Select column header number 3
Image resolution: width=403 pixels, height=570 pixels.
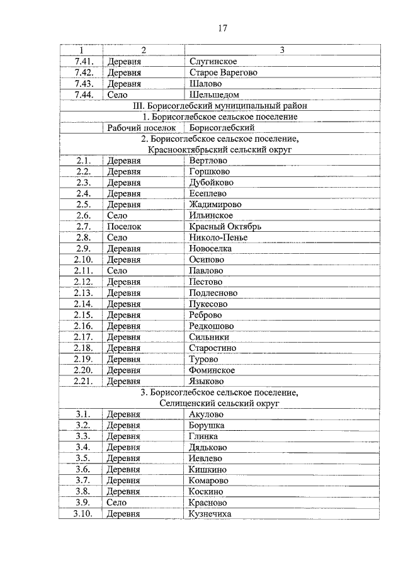[281, 50]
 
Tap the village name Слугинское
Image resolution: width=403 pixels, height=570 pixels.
[213, 62]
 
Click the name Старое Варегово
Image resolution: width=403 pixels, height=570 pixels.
[223, 72]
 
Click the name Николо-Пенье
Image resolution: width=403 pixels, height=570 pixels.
[218, 237]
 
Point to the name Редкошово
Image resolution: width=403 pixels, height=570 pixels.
[212, 326]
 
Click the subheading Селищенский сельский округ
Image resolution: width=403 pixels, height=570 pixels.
[220, 402]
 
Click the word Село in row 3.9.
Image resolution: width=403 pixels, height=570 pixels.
[116, 503]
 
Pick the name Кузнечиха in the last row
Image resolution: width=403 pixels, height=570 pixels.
[210, 514]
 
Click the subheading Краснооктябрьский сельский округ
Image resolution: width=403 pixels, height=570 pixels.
[220, 150]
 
